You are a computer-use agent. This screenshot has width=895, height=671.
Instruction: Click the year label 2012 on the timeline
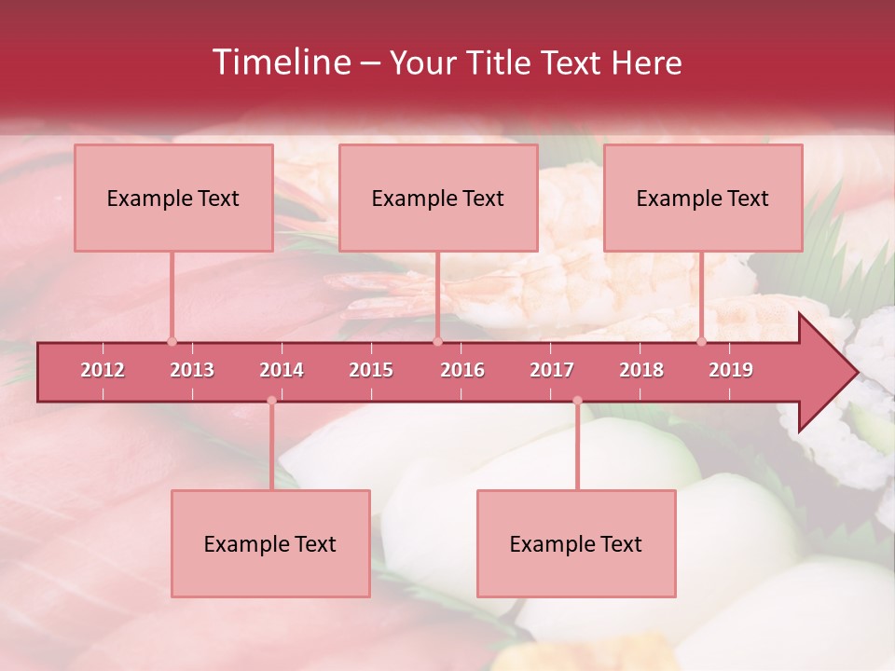pos(103,370)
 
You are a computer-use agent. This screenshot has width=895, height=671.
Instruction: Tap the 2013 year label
pos(192,370)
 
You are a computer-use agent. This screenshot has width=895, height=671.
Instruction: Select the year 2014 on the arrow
pos(282,370)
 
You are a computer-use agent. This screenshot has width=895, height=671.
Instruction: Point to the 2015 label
pos(371,370)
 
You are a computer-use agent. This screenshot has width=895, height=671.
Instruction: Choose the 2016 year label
pos(462,370)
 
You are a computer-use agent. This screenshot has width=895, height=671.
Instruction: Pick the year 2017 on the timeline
pos(552,370)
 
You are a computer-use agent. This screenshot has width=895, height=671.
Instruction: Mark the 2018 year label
pos(641,370)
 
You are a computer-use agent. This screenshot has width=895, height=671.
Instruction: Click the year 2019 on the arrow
pos(731,370)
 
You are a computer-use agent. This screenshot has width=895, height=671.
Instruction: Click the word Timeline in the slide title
pos(280,62)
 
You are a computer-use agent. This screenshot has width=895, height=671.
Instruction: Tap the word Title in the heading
pos(502,63)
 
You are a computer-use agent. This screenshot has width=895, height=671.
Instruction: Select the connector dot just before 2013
pos(172,341)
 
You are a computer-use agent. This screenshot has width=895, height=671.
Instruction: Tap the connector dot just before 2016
pos(437,341)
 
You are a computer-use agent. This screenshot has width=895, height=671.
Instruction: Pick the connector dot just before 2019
pos(702,341)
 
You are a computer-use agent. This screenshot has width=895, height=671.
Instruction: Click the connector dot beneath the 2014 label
pos(271,401)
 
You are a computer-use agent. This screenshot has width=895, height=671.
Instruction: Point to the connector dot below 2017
pos(577,401)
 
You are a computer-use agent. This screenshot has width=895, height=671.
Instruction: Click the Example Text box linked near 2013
pos(173,198)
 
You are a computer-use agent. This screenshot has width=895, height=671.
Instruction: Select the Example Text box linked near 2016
pos(438,198)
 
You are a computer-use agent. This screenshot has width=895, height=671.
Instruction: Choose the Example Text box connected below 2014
pos(270,543)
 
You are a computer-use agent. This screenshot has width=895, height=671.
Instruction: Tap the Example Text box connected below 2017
pos(576,543)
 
